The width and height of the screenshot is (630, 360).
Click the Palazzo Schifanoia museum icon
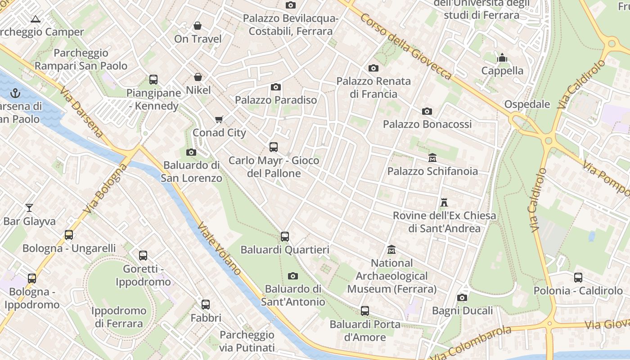(x=432, y=158)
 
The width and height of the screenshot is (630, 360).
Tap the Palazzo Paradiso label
(x=276, y=100)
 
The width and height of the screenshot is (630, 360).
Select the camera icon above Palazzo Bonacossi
(x=427, y=111)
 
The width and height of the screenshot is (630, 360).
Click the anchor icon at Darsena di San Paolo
(x=16, y=94)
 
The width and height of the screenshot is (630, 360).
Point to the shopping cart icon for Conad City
(x=219, y=120)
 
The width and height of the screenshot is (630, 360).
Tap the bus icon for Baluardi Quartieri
(x=284, y=237)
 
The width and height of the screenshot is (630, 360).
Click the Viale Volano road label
(x=220, y=249)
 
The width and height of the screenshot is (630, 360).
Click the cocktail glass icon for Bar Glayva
(x=29, y=208)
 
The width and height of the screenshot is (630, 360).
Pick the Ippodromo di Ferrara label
(x=119, y=317)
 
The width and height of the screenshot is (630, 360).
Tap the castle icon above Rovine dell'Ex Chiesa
(x=444, y=202)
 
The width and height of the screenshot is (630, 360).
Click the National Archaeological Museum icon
(x=391, y=250)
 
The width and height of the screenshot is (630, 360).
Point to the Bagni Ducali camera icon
(x=462, y=298)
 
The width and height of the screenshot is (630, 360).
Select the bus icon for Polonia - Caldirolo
(x=578, y=278)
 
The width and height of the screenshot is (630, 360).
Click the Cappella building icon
(x=502, y=58)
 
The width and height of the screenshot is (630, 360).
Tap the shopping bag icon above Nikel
(x=198, y=77)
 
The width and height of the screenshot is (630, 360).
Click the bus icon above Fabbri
(x=206, y=305)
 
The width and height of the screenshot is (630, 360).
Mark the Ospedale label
(x=527, y=104)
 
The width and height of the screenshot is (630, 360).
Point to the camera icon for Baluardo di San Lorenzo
(x=191, y=152)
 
